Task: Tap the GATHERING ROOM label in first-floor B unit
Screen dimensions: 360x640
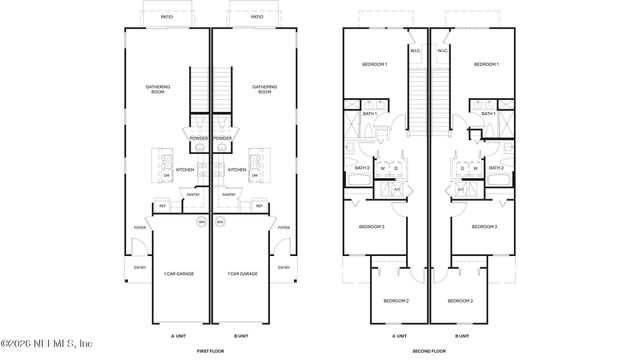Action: (x=264, y=89)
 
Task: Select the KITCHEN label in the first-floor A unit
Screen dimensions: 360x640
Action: (x=186, y=170)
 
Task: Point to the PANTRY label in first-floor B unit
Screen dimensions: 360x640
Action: (x=229, y=195)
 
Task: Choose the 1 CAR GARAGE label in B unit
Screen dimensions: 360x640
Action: (x=242, y=273)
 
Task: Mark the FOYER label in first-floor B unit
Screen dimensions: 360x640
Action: (x=284, y=228)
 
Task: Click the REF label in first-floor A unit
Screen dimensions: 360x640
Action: (x=162, y=207)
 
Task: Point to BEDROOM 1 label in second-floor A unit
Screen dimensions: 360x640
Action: (x=374, y=64)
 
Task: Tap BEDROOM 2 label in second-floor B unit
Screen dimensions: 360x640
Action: (x=459, y=300)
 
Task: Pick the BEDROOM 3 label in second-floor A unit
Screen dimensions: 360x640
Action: (x=372, y=227)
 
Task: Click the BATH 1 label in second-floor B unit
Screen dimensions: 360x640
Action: (x=488, y=114)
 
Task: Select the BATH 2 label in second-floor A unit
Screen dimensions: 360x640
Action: (x=361, y=168)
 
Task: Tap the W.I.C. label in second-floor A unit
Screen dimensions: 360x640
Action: (x=415, y=49)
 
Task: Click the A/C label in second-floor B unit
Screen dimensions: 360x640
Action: (x=461, y=189)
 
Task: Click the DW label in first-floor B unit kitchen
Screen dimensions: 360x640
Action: (x=254, y=176)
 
